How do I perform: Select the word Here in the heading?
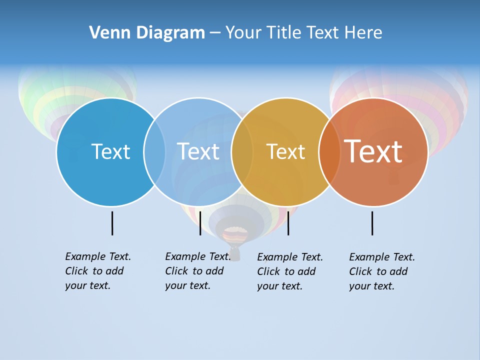[363, 33]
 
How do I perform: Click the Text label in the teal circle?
[110, 151]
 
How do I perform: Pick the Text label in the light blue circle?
[198, 151]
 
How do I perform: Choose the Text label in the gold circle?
[285, 151]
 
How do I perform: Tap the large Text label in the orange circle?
[373, 151]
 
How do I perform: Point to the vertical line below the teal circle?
[112, 223]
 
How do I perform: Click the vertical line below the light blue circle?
[200, 223]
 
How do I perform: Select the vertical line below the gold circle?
[288, 223]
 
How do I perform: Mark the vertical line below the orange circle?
[372, 223]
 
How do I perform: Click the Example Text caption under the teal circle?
[98, 271]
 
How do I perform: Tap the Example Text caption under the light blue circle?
[198, 271]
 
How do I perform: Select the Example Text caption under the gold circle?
[290, 271]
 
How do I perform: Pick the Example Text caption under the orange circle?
[382, 271]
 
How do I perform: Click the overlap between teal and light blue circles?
[154, 152]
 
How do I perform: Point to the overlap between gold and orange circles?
[329, 152]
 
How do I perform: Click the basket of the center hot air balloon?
[235, 255]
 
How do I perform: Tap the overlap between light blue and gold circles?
[242, 152]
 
